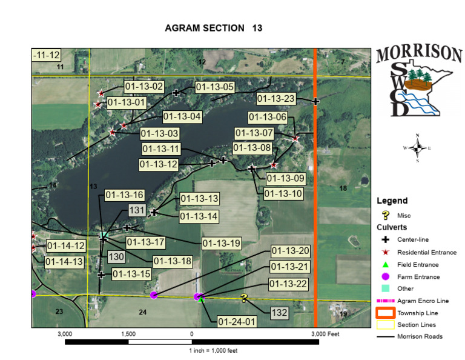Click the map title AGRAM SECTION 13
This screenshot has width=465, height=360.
point(213,28)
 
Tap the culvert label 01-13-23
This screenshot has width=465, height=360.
point(276,98)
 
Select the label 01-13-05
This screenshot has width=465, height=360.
point(214,87)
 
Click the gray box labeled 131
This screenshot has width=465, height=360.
point(136,210)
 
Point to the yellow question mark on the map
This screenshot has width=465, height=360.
point(244,298)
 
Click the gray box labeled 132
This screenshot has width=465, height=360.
point(279,313)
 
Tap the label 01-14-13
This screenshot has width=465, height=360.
point(65,262)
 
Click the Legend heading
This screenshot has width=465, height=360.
point(392,201)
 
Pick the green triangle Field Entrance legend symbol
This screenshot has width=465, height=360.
point(385,264)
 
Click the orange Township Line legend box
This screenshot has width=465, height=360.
point(385,313)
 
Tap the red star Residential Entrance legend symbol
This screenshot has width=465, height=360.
point(385,252)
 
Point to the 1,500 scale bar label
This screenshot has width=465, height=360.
point(128,334)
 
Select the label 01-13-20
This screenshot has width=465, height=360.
point(291,251)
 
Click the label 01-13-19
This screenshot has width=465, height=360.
point(222,244)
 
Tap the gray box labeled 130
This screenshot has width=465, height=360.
point(116,257)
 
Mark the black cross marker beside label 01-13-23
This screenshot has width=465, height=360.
point(315,101)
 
